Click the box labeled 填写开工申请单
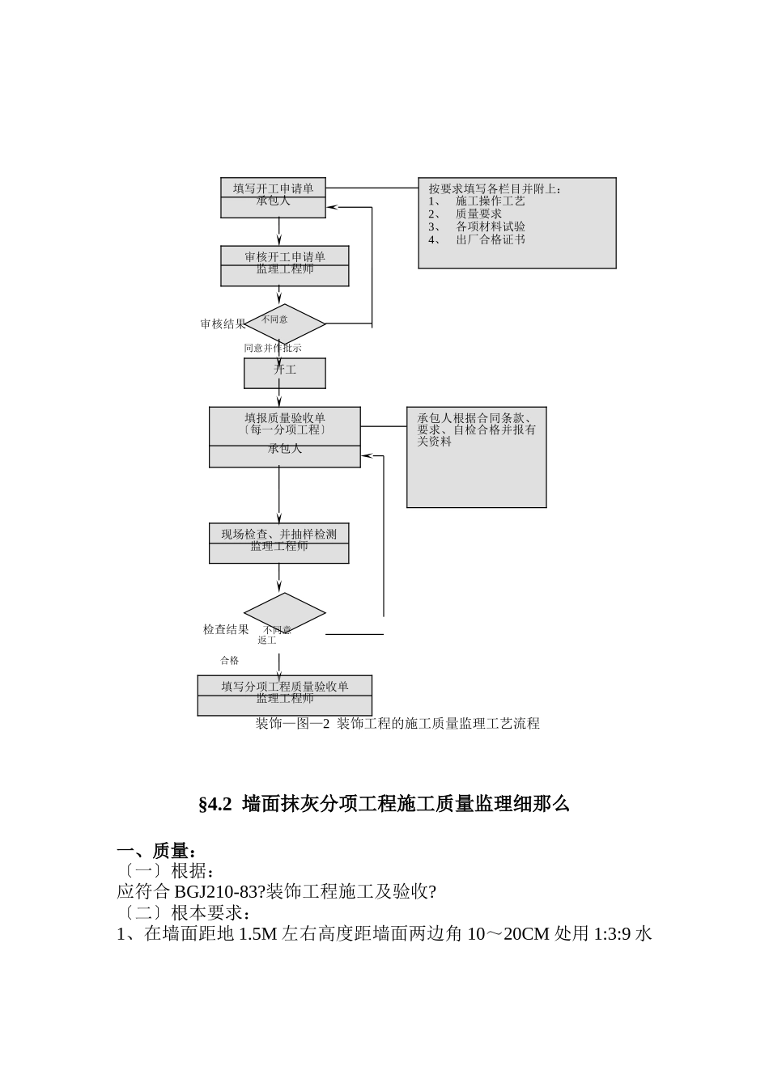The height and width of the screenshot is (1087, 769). tap(274, 197)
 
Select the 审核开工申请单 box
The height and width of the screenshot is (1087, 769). tap(285, 265)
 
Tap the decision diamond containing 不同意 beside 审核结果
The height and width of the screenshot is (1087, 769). tap(285, 324)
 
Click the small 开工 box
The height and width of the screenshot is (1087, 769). tap(285, 373)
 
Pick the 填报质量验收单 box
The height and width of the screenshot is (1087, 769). tap(285, 437)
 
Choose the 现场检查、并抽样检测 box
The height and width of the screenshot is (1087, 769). tap(279, 543)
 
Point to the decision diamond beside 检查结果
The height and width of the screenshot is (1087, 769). tap(285, 614)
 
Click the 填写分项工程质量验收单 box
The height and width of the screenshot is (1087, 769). tap(285, 696)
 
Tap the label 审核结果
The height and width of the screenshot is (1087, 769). tap(223, 324)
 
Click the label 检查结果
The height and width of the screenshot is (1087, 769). tap(226, 630)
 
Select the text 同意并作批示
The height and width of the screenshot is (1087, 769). tap(273, 348)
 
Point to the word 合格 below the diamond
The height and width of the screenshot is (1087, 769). tap(230, 661)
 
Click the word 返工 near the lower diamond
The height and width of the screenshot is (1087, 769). tap(267, 641)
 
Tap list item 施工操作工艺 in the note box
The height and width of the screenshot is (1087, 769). tap(491, 201)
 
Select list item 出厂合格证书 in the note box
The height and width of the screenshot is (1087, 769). tap(491, 239)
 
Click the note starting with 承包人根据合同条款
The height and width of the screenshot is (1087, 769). tap(476, 430)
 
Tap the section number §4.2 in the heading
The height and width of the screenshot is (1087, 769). tap(215, 804)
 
